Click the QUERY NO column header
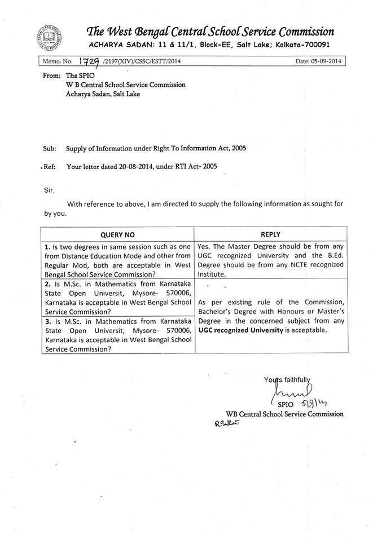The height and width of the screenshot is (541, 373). point(117,234)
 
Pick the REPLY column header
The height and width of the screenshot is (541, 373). point(270,234)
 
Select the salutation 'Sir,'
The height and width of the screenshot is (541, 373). point(50,190)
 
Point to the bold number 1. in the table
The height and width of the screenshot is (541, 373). point(46,246)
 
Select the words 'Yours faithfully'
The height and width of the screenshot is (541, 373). point(287,379)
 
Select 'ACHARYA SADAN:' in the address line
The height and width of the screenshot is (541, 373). point(119,45)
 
